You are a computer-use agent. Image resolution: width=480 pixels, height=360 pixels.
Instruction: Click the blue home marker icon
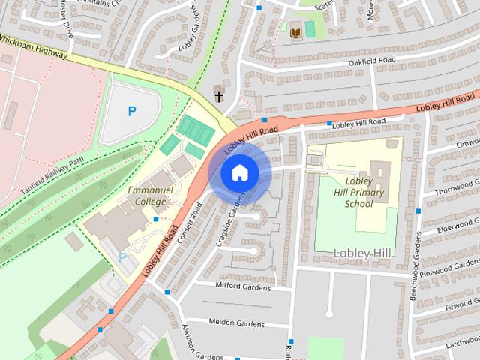[x=239, y=173]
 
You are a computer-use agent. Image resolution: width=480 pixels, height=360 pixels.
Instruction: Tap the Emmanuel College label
[x=150, y=196]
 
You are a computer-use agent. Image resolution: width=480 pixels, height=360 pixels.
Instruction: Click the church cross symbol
[x=219, y=94]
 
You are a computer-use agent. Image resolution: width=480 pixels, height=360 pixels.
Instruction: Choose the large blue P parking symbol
[x=132, y=112]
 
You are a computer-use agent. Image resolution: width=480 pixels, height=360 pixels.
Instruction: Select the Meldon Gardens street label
[x=236, y=324]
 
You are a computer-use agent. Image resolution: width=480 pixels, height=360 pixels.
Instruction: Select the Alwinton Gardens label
[x=193, y=341]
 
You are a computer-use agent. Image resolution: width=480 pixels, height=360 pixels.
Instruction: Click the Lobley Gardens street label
[x=192, y=35]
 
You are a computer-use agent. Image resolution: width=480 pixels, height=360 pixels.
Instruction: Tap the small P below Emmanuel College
[x=123, y=257]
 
